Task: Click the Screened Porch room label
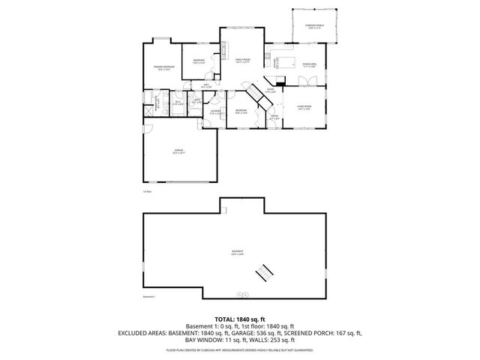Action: point(314,26)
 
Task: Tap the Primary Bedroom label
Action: point(165,68)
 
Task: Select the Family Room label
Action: point(242,59)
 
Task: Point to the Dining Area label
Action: point(309,65)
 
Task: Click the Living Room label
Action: point(304,108)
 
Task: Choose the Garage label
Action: point(179,151)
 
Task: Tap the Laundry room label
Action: point(215,112)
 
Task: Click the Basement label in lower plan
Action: point(238,253)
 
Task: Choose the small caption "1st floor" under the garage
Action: point(147,191)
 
